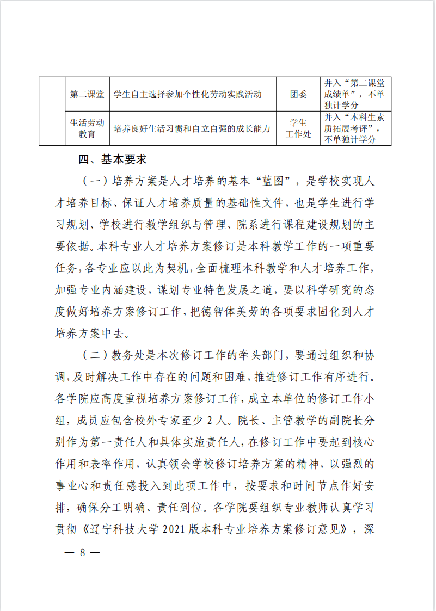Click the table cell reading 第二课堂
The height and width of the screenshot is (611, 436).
click(x=87, y=94)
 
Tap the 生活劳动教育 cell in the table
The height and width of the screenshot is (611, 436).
click(x=87, y=128)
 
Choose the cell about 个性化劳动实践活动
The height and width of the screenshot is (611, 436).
click(x=188, y=94)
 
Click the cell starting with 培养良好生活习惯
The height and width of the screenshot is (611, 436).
click(x=192, y=129)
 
